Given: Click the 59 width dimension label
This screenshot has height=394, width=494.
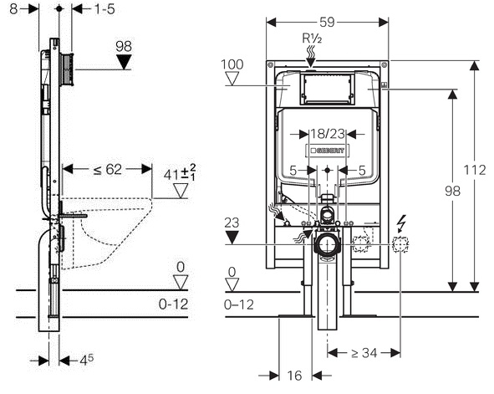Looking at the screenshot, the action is click(327, 23).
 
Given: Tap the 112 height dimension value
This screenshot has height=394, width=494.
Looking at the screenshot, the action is click(475, 170).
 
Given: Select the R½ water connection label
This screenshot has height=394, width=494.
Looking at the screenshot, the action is click(312, 38).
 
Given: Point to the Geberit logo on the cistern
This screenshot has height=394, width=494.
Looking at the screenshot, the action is click(326, 151).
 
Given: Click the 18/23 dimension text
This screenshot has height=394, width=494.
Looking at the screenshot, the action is click(328, 134).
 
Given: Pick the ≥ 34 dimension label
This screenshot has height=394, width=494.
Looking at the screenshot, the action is click(364, 353).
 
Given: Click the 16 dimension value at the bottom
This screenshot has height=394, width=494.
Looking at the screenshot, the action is click(294, 376).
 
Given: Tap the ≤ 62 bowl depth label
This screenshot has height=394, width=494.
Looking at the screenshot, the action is click(108, 170).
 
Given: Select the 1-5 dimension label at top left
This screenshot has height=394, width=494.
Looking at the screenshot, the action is click(105, 9).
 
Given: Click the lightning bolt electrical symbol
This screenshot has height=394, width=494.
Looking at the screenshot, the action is click(401, 223).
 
